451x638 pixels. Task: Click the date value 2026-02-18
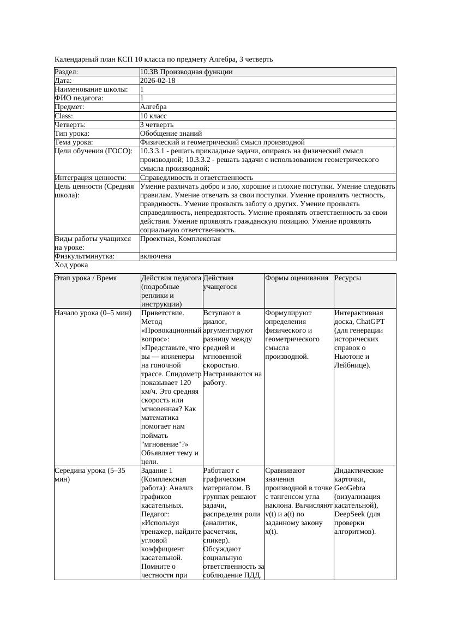(158, 81)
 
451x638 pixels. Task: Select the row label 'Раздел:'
(67, 72)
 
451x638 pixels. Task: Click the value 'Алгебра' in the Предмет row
(153, 107)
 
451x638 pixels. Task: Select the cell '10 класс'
(153, 116)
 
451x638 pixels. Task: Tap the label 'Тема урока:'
(74, 142)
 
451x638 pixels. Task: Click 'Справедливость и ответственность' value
(196, 177)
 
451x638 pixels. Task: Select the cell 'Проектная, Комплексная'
(180, 239)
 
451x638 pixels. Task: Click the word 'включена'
(155, 256)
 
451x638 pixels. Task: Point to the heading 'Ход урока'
(71, 265)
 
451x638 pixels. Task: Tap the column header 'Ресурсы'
(348, 278)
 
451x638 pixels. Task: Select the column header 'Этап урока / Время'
(86, 278)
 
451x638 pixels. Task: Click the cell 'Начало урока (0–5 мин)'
(93, 314)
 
